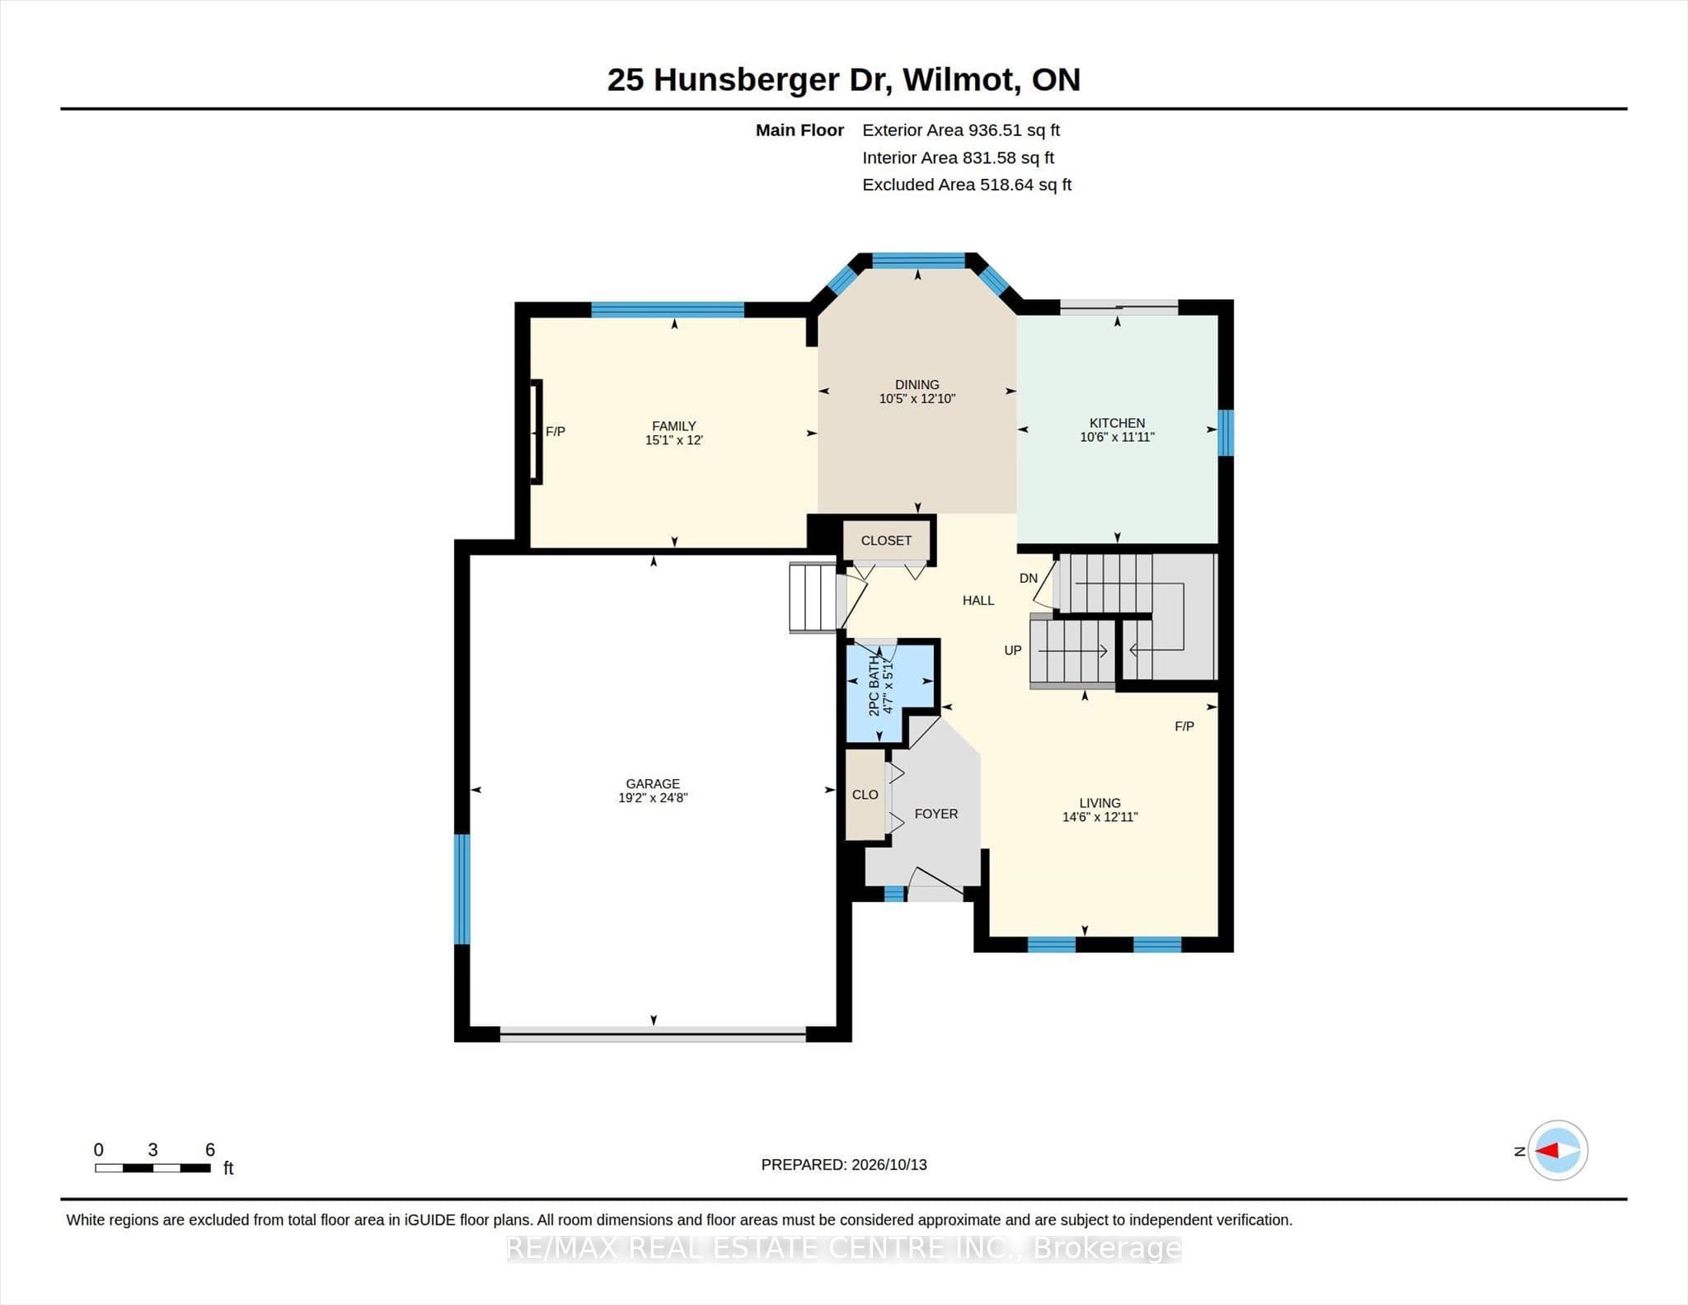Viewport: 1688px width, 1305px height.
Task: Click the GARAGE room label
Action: tap(653, 783)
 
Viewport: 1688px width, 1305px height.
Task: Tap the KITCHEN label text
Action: tap(1117, 423)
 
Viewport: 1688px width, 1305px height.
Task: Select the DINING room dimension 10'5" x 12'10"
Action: tap(917, 399)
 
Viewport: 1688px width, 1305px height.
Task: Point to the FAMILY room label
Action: tap(673, 426)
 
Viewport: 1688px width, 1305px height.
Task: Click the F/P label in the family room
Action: tap(556, 431)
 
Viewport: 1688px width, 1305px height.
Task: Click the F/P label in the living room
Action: tap(1184, 726)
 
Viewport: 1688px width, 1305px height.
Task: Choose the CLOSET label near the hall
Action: tap(886, 541)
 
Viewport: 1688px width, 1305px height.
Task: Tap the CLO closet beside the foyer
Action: tap(865, 795)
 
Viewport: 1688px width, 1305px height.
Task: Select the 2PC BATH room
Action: tap(891, 691)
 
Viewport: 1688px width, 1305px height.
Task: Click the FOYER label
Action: tap(936, 814)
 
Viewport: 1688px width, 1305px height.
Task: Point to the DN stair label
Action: tap(1028, 579)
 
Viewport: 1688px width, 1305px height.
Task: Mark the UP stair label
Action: tap(1013, 650)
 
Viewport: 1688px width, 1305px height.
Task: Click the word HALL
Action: tap(978, 600)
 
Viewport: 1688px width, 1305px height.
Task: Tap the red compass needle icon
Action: tap(1547, 1150)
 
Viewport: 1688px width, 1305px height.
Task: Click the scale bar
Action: tap(152, 1168)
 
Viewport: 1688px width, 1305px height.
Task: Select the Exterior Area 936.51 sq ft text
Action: tap(961, 130)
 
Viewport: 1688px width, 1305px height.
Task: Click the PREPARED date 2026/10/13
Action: tap(889, 1165)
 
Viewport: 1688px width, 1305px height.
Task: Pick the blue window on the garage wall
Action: tap(462, 889)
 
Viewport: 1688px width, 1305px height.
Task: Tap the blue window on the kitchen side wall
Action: tap(1226, 432)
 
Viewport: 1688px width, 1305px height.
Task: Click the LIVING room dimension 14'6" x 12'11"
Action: tap(1100, 817)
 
